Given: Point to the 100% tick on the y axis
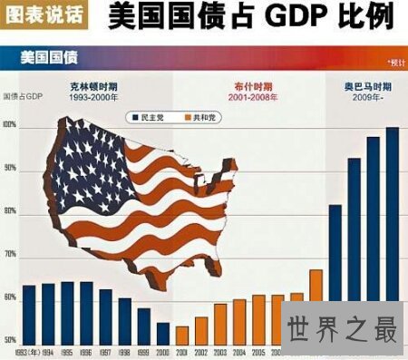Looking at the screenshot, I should (x=11, y=125).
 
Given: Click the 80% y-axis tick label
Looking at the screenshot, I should (x=11, y=211).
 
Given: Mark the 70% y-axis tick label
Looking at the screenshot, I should (x=11, y=255).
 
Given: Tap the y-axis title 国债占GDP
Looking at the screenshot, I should (x=24, y=96).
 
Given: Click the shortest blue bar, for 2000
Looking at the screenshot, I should (x=162, y=333).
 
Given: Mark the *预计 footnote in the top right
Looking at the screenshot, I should (x=394, y=62).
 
